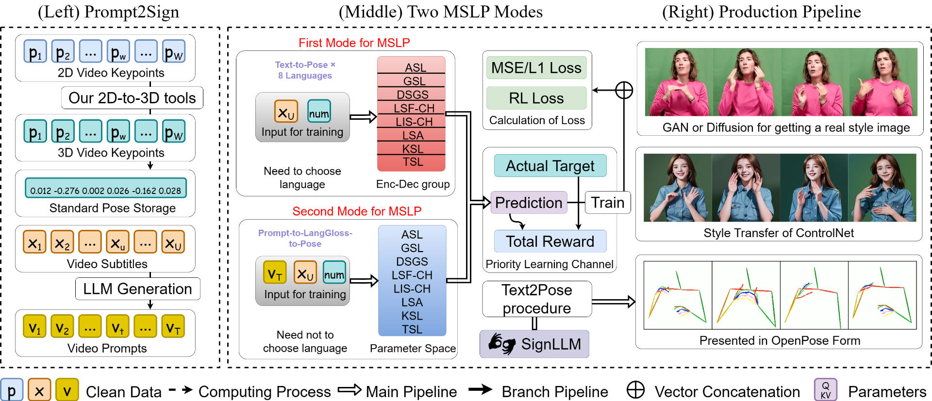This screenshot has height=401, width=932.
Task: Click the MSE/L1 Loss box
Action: tap(536, 67)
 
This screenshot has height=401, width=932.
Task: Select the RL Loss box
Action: tap(536, 98)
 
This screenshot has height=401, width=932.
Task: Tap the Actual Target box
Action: tap(550, 166)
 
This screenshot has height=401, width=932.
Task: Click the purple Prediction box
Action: tap(529, 202)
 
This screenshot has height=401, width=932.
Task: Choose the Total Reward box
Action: tap(550, 241)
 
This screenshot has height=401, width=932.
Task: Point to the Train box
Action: tap(608, 202)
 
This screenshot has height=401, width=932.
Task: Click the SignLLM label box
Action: tap(534, 344)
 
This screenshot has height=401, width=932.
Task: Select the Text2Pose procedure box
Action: tap(537, 299)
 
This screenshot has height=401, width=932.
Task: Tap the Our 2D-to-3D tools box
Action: tap(132, 98)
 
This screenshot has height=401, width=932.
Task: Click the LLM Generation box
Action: tap(137, 289)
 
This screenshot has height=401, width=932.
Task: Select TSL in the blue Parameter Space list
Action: tap(412, 329)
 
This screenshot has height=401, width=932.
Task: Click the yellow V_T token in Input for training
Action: tap(275, 272)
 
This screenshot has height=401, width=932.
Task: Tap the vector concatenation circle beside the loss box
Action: tap(624, 90)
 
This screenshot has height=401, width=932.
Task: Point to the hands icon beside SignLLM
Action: tap(501, 344)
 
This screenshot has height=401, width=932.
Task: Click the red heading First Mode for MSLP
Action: tap(354, 43)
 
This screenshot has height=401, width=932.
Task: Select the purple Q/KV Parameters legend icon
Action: tap(826, 390)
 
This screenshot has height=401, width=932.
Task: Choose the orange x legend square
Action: tap(39, 390)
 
